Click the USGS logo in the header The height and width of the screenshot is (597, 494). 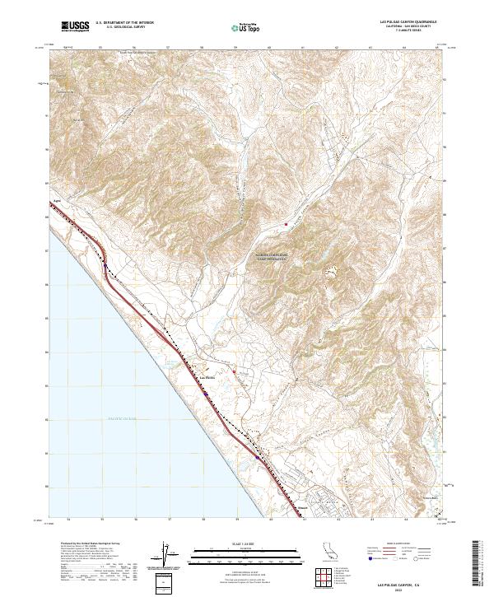(74, 27)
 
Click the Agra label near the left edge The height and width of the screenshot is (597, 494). (57, 199)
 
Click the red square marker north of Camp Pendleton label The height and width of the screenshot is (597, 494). (287, 224)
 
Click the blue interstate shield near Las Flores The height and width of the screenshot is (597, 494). (207, 393)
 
